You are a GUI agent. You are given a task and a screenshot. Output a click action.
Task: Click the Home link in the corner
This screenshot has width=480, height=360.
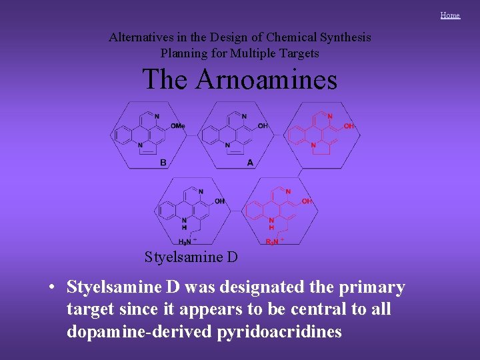coord(450,15)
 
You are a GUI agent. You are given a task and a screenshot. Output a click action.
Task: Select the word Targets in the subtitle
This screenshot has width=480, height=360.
coord(298,53)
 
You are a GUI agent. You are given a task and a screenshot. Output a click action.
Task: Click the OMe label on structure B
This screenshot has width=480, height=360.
coord(178,126)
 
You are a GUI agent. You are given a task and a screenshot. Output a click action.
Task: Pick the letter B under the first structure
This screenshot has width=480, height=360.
coord(163,162)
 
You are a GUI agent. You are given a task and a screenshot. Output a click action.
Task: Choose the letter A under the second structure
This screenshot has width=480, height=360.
coord(250,162)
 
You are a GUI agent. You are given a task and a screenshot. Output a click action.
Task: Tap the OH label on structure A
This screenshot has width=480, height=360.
coord(263,126)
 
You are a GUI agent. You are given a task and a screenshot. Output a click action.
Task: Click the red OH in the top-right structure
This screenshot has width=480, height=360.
coord(349,126)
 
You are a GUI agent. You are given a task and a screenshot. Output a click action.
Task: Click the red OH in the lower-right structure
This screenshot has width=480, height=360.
coord(307,201)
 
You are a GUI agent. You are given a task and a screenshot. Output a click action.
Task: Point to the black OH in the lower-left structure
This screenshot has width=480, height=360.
coord(220,201)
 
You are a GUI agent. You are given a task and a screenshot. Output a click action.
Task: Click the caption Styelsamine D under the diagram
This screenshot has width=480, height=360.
coord(191,257)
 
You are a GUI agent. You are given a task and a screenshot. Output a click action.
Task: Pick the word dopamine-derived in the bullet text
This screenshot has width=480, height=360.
coord(139,332)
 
